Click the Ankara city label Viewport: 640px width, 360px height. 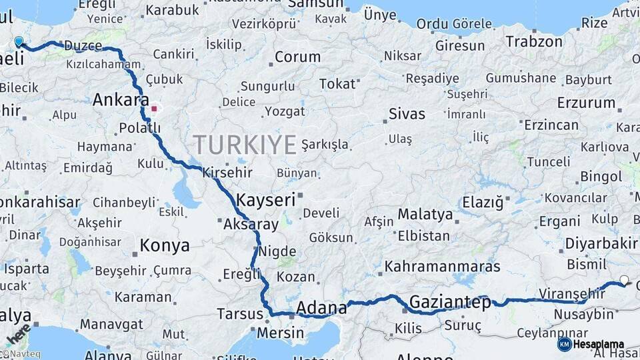point(121,100)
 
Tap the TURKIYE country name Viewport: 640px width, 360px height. point(245,145)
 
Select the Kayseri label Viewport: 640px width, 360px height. point(265,199)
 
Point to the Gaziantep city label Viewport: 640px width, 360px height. point(450,302)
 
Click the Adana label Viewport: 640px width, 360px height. point(321,308)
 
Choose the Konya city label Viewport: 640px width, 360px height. point(165,246)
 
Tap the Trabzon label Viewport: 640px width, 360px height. point(534,42)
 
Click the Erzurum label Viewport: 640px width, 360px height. point(587,103)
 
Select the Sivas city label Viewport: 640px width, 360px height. point(407,114)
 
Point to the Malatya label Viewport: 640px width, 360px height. point(425,215)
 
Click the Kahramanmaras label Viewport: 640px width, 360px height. point(442,267)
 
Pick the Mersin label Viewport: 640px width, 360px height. point(280,333)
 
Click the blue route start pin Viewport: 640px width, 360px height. point(19,42)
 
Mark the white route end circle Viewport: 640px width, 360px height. point(624,280)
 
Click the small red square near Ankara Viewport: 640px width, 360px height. point(155,108)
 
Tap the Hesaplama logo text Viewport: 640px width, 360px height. point(600,344)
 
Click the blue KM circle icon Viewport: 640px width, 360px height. point(565,344)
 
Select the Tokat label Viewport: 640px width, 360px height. point(337,84)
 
